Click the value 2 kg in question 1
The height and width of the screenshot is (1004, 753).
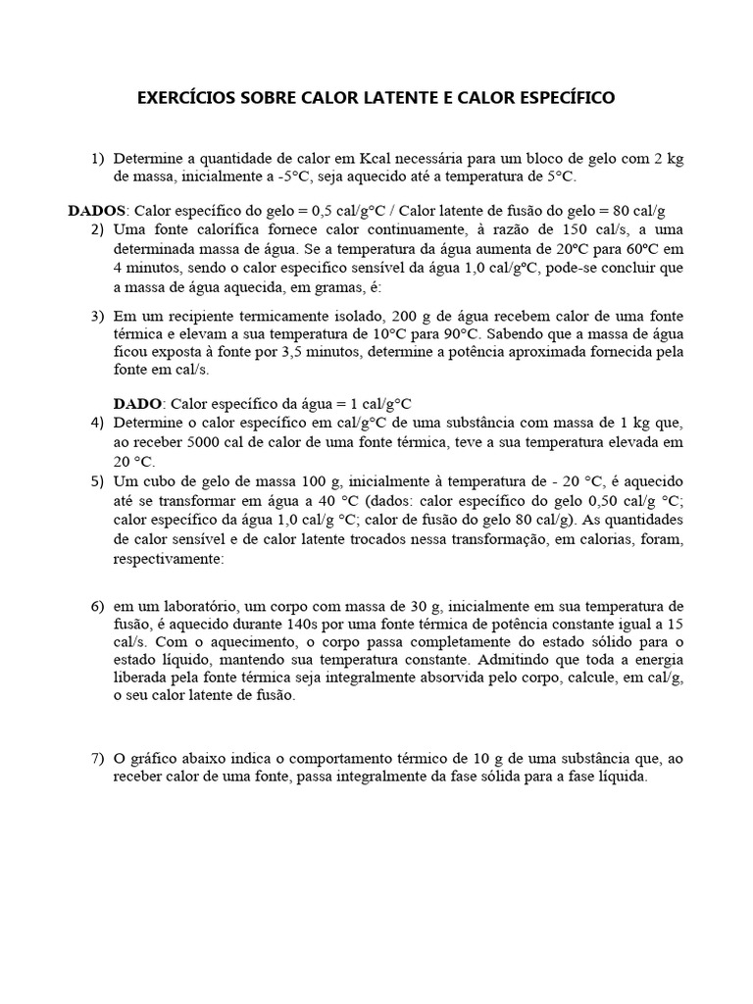[x=667, y=159]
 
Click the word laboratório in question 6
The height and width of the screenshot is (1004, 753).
[x=190, y=605]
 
